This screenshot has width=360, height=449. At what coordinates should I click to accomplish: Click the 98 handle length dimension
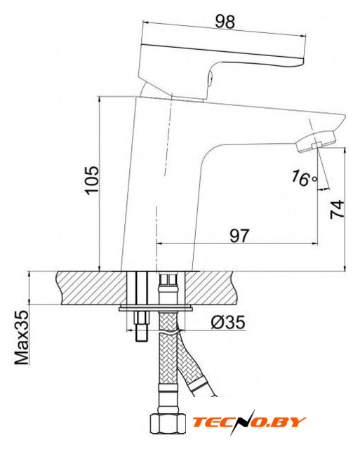[x=225, y=22]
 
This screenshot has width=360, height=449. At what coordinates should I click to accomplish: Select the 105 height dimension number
[x=93, y=180]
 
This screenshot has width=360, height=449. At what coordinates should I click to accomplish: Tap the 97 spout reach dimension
[x=239, y=236]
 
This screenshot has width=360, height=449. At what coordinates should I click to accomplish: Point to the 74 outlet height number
[x=337, y=210]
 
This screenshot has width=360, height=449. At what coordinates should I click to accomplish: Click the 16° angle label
[x=305, y=178]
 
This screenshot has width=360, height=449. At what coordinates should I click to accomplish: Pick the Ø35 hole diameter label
[x=228, y=322]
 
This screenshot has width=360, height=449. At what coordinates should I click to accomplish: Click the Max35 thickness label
[x=22, y=337]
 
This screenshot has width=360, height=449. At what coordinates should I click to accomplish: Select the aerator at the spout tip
[x=316, y=142]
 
